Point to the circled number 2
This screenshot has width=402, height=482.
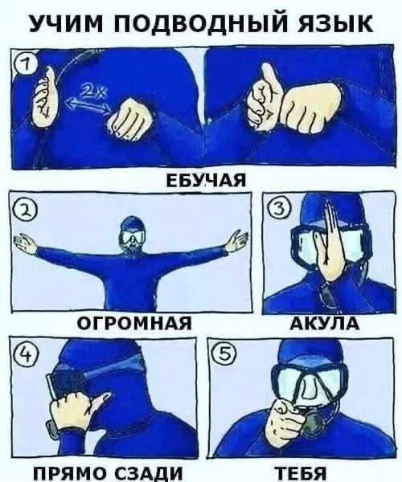tap(22, 209)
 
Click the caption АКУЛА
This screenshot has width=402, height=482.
tap(320, 324)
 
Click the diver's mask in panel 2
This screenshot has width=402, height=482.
tap(131, 238)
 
